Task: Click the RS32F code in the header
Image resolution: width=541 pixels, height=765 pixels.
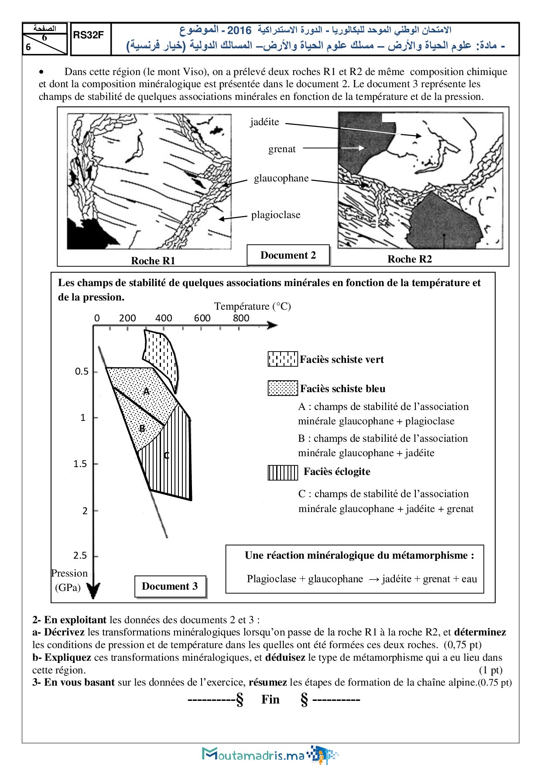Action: (88, 35)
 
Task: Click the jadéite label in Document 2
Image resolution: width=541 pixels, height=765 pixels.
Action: (264, 122)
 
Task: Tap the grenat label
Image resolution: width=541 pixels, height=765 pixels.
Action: (282, 149)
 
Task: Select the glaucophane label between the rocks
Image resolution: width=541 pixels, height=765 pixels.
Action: (281, 178)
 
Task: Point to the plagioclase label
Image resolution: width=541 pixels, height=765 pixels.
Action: (276, 215)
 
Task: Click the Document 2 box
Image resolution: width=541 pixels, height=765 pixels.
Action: (288, 255)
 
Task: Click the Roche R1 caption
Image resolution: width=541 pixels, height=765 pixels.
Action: (153, 261)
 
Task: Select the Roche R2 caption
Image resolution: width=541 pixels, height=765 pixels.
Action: (409, 259)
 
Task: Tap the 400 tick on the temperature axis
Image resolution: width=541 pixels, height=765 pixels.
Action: (164, 318)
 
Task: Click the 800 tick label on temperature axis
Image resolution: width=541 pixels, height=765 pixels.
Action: (241, 318)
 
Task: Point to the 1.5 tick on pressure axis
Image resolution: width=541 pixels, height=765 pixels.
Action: (80, 464)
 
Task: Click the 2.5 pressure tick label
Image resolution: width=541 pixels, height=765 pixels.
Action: (80, 556)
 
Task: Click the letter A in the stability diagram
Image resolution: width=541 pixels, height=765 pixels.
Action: (147, 391)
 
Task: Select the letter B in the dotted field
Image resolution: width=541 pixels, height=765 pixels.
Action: (142, 429)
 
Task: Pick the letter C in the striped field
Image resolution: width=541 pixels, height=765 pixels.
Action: (166, 456)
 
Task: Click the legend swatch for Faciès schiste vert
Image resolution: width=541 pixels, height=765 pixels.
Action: (283, 359)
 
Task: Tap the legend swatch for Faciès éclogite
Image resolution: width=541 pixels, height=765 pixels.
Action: (283, 472)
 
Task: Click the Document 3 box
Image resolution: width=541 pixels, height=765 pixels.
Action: (170, 586)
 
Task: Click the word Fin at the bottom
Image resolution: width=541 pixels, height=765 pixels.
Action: (270, 700)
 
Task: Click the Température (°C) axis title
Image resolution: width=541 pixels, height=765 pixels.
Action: (252, 306)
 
